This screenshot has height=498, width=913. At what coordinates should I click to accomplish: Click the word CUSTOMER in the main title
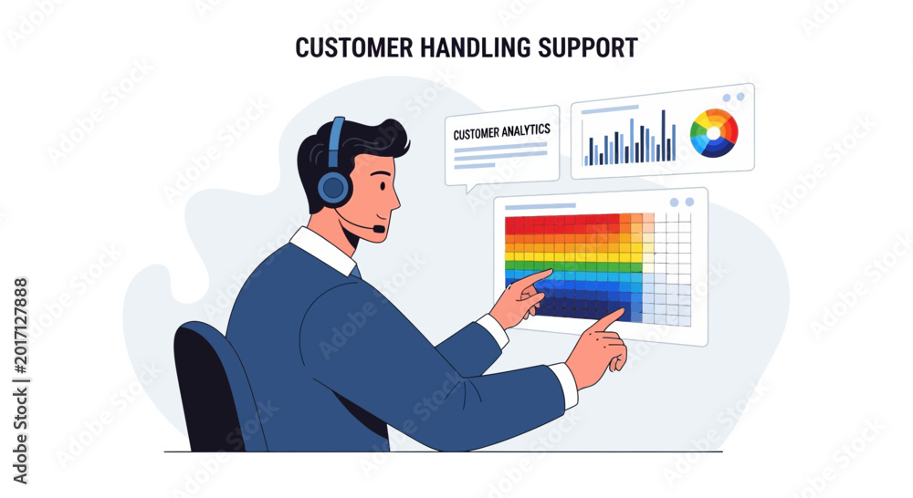[x=353, y=47]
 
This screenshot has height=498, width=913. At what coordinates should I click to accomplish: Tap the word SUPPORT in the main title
[x=587, y=47]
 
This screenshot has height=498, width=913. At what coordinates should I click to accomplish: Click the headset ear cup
[x=334, y=187]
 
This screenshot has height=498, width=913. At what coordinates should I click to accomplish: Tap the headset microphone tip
[x=379, y=229]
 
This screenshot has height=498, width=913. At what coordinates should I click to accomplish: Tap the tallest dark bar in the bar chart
[x=663, y=136]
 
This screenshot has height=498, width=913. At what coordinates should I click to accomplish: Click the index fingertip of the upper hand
[x=550, y=271]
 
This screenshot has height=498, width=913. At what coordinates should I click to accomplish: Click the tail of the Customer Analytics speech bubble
[x=468, y=188]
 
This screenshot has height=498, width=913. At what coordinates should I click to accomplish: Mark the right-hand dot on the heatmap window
[x=689, y=202]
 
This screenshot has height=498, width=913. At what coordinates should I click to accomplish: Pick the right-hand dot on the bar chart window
[x=740, y=97]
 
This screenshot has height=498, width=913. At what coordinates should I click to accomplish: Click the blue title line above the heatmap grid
[x=540, y=206]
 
